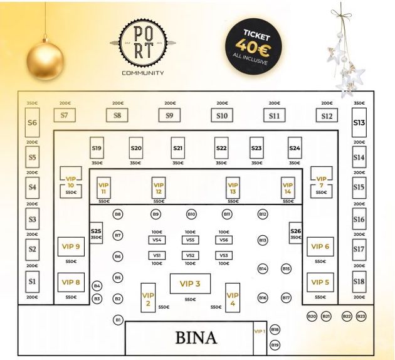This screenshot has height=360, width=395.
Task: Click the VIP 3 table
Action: point(190,283)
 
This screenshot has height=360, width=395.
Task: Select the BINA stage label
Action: point(196,338)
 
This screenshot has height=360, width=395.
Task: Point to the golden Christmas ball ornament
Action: point(45,61)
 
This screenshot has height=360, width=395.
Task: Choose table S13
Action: point(359,124)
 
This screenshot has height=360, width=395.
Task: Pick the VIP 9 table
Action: point(71,246)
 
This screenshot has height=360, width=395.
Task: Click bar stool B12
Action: point(263,214)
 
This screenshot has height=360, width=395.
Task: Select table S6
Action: point(32,123)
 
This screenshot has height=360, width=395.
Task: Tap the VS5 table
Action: point(191,240)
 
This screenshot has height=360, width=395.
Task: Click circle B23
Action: point(361,317)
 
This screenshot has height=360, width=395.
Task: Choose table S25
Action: point(96,233)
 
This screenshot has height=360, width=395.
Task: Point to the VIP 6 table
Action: point(320,246)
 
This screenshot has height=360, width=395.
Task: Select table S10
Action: point(222,115)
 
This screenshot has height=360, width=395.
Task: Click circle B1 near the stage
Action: point(117,320)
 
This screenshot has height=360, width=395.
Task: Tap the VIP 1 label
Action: point(259,331)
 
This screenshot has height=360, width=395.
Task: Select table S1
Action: point(32,282)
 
